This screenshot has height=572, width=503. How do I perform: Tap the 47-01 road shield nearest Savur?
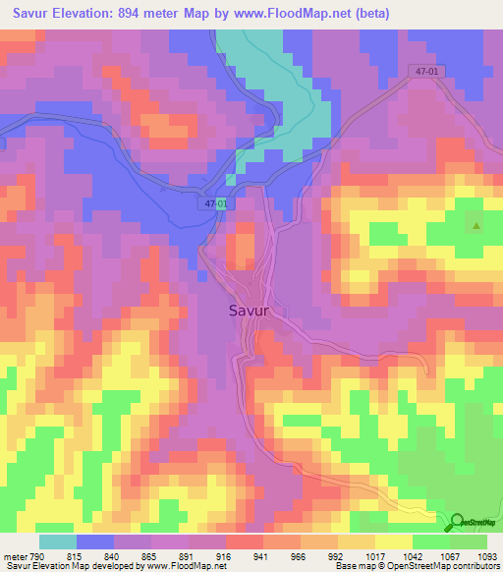pos(217,203)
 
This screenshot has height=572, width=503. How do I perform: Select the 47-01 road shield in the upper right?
pos(424,72)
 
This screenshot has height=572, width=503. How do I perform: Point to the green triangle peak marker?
pos(476,226)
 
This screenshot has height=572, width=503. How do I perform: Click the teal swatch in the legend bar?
pos(58,542)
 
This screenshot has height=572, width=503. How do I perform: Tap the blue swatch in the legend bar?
pos(95,542)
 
